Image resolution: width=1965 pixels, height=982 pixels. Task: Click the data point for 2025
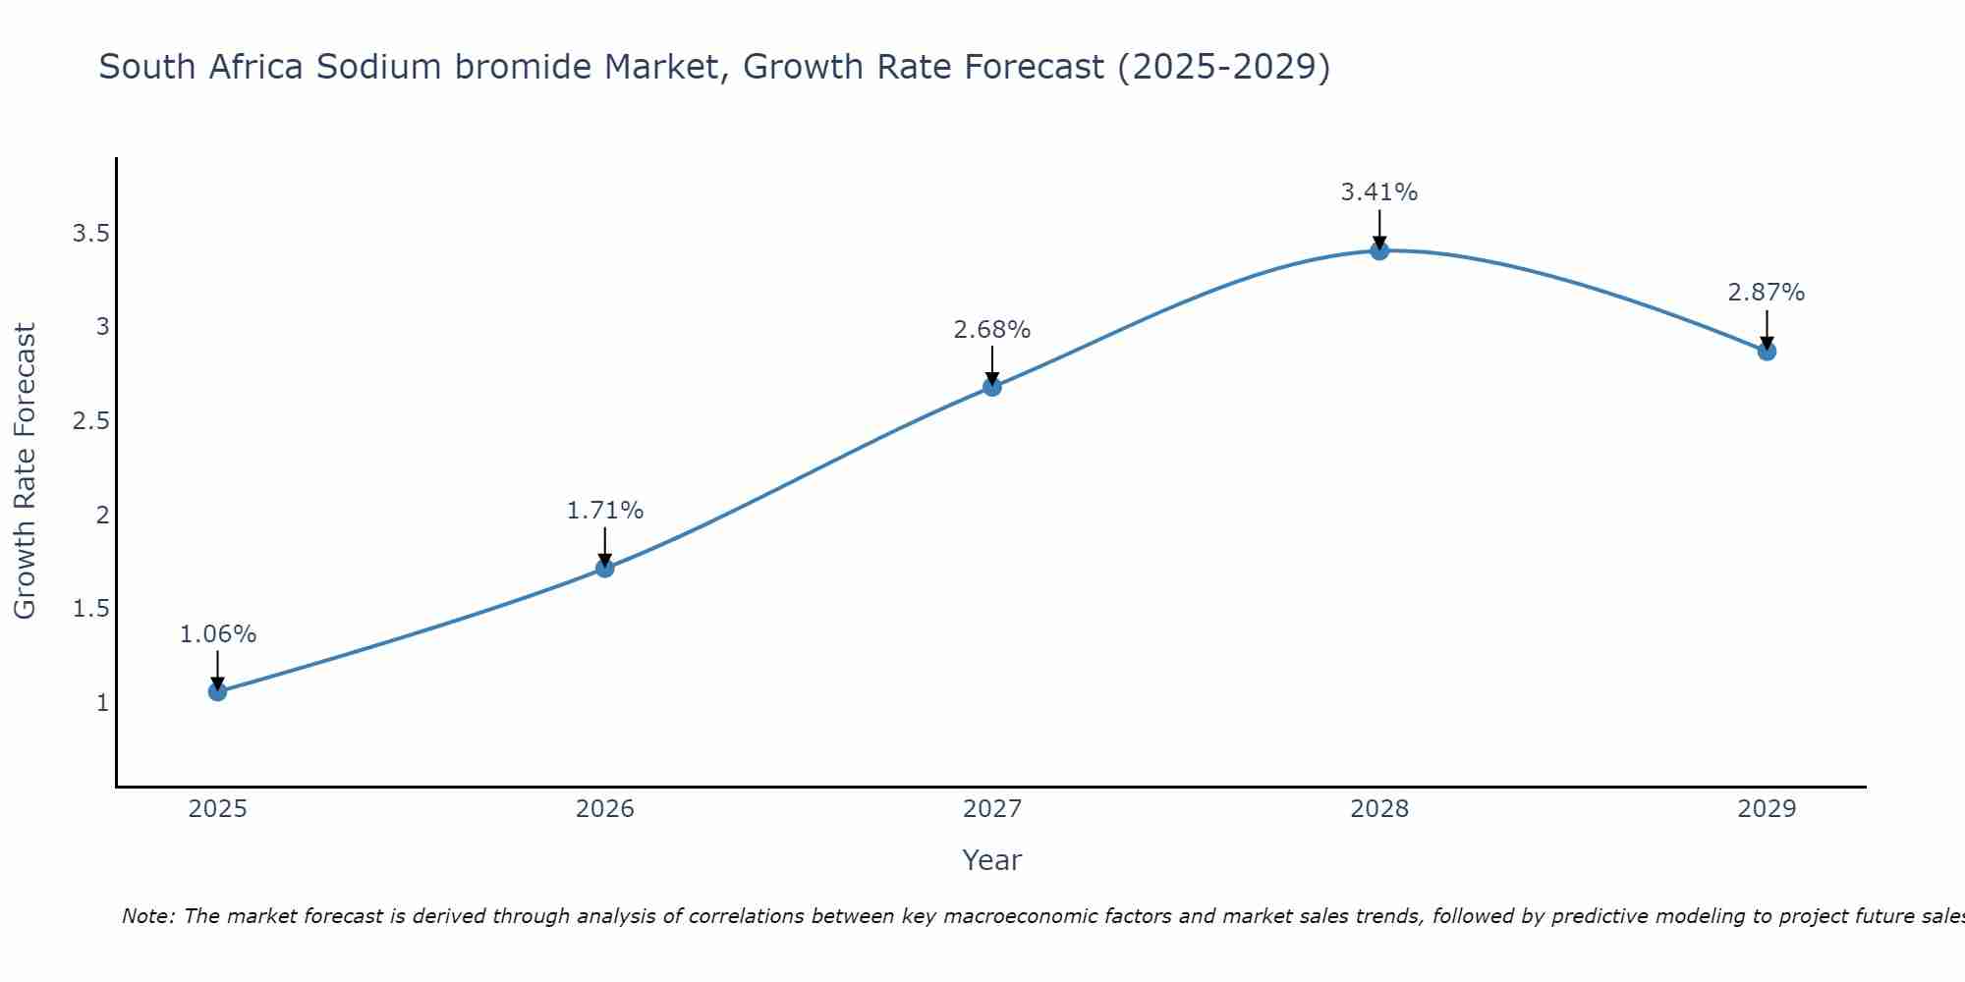click(x=217, y=691)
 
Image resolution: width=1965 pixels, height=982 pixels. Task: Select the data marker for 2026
click(x=605, y=568)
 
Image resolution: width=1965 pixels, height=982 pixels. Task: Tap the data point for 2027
click(x=992, y=387)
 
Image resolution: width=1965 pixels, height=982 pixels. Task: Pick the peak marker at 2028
click(x=1379, y=250)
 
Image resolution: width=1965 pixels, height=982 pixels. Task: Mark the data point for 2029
click(x=1767, y=351)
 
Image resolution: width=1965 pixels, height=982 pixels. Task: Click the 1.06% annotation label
click(x=217, y=634)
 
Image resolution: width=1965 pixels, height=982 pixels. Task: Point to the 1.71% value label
click(x=605, y=511)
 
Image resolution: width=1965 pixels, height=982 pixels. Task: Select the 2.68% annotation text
click(x=992, y=330)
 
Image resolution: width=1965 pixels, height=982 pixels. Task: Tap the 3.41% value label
click(x=1379, y=192)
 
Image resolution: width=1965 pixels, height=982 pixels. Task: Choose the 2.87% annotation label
click(x=1767, y=293)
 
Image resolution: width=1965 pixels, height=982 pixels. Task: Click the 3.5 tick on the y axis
click(x=90, y=234)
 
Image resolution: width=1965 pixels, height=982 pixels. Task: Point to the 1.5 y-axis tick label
click(x=90, y=609)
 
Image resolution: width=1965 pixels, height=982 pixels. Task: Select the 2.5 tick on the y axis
click(x=90, y=421)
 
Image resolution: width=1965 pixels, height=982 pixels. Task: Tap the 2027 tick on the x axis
click(x=992, y=809)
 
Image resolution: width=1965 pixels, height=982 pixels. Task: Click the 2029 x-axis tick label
click(x=1767, y=809)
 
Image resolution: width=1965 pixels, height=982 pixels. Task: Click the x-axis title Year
click(x=991, y=860)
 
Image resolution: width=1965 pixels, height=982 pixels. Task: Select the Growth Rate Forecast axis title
click(x=26, y=471)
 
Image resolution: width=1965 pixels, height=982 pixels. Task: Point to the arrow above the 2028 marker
click(x=1379, y=228)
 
